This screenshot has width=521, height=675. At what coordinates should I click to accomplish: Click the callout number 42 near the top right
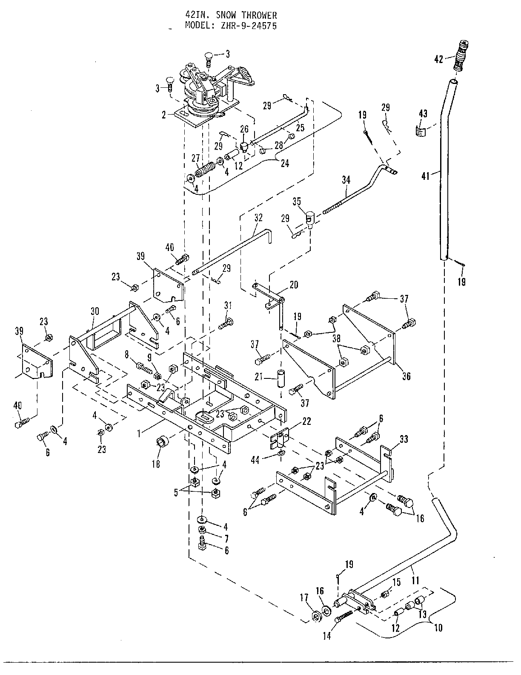tap(439, 59)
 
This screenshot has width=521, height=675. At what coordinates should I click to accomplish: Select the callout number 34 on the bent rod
tap(346, 180)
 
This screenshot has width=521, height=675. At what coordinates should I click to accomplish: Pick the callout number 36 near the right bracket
tap(406, 376)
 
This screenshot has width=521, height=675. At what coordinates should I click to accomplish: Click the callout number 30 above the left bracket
tap(94, 312)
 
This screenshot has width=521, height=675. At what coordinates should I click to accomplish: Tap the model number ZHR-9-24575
tap(249, 26)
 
